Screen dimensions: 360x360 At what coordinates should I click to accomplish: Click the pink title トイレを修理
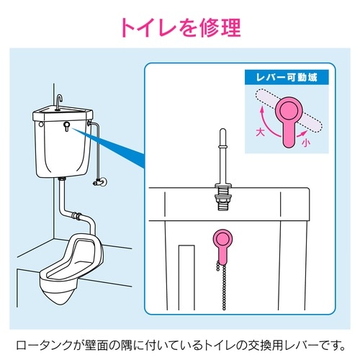click(179, 27)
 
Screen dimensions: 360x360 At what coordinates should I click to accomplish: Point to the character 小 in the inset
click(307, 143)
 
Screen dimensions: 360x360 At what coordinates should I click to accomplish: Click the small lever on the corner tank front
click(66, 127)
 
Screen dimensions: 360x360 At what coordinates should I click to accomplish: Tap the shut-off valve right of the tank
click(98, 183)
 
